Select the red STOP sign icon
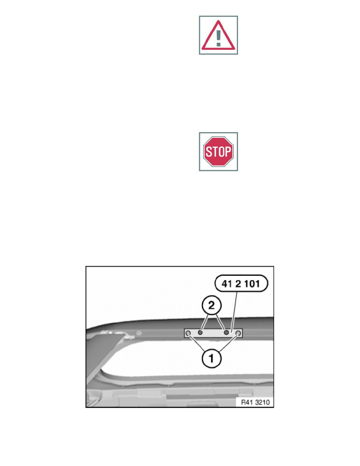(218, 151)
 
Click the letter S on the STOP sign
(208, 152)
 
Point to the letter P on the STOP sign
(228, 152)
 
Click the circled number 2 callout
(211, 305)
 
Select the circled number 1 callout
(211, 359)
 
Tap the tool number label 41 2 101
(241, 284)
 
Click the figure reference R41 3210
(255, 402)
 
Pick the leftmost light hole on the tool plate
(188, 334)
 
